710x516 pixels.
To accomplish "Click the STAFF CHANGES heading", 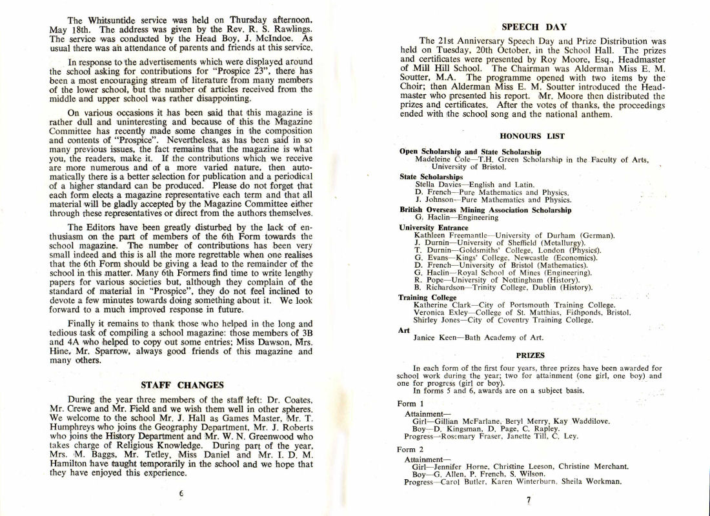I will coord(182,386).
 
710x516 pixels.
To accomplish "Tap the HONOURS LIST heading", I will coord(532,136).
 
